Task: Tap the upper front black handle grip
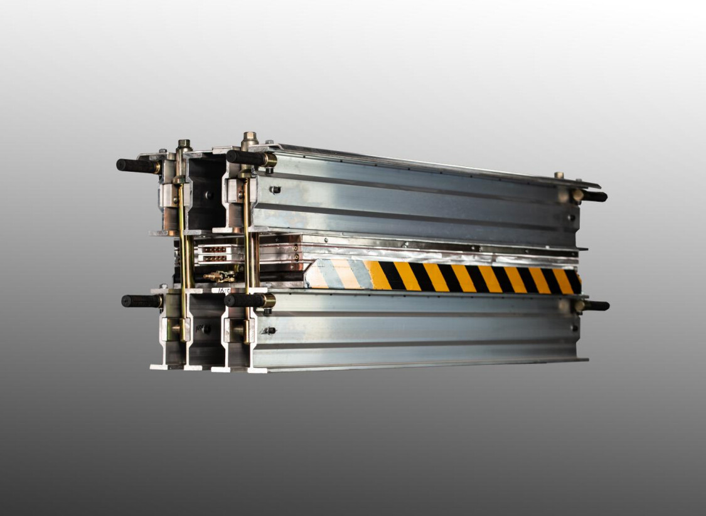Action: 245,157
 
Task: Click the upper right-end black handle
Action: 594,196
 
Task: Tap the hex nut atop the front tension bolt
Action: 249,137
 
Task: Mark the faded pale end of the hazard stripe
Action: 339,274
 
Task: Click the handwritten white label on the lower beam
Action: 221,290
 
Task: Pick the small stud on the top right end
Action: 558,176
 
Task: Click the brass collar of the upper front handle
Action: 270,160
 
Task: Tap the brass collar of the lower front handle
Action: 268,301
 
